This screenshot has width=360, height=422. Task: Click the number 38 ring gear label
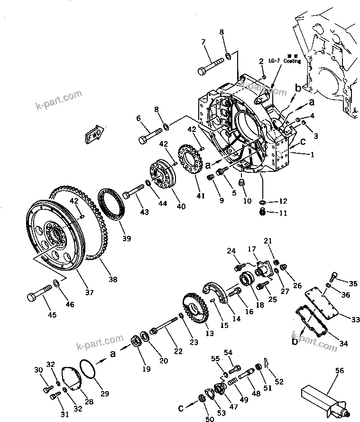(x=113, y=280)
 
